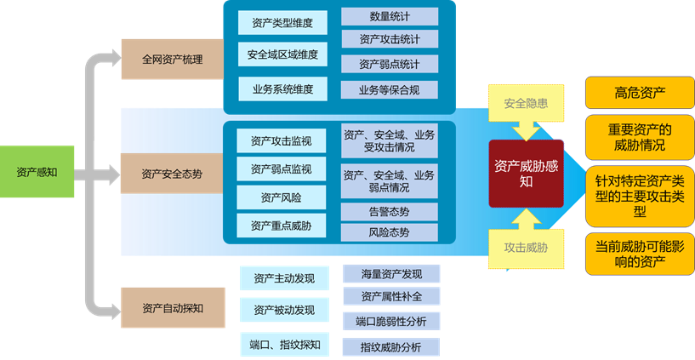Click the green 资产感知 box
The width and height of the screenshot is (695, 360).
tap(37, 173)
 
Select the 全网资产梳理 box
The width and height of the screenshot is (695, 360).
tap(172, 62)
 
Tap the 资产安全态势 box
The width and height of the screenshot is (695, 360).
tap(172, 174)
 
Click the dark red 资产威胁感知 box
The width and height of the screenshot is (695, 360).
tap(526, 173)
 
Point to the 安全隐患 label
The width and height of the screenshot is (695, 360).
tap(526, 104)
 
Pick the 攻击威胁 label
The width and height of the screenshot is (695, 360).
tap(526, 248)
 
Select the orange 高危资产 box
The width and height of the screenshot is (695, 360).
tap(639, 93)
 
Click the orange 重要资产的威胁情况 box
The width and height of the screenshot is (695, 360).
tap(639, 137)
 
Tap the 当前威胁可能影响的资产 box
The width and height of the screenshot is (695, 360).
tap(639, 254)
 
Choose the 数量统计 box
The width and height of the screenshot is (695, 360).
tap(390, 16)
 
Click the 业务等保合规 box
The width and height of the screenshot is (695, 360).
tap(390, 89)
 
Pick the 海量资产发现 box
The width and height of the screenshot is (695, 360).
tap(392, 273)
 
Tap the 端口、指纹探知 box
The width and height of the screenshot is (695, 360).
tap(284, 344)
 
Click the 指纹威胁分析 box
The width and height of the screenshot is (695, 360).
tap(392, 346)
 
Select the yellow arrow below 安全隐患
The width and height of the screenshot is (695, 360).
tap(526, 129)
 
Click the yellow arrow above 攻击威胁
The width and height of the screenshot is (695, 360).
tap(526, 220)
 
